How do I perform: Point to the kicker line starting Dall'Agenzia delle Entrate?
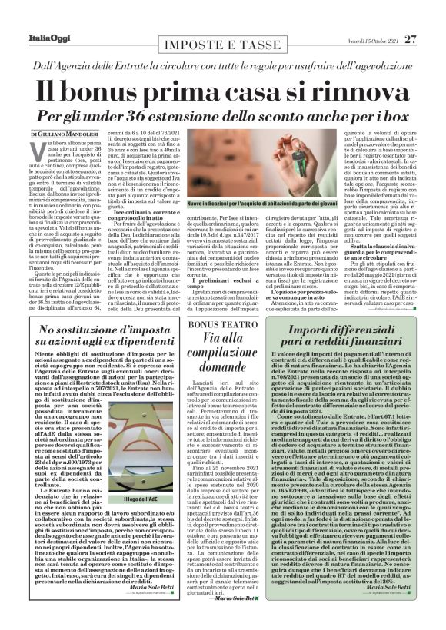click(x=222, y=49)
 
